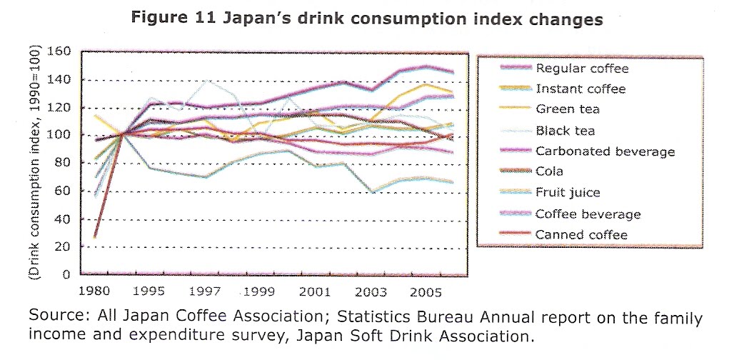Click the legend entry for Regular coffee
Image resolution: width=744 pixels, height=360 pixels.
582,69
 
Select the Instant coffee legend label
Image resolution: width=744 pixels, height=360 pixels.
580,89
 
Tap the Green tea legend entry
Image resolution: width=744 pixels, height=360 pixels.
568,110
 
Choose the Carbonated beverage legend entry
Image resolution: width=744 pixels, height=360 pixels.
605,151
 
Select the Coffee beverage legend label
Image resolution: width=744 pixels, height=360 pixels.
588,214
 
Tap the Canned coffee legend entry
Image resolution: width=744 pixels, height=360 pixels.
581,235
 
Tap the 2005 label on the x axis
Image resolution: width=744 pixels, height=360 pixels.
426,293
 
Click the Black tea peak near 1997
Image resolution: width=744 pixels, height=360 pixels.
206,81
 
